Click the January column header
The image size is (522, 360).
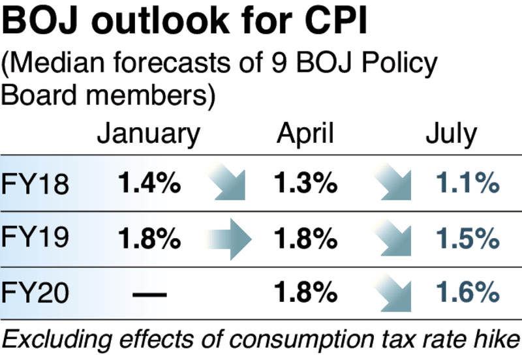[x=148, y=134]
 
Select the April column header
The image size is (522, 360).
[x=305, y=134]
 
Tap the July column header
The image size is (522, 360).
[x=451, y=134]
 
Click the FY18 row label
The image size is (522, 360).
[x=35, y=185]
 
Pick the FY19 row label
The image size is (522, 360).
[x=35, y=239]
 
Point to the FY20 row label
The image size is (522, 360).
[x=35, y=293]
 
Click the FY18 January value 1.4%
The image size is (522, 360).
[x=149, y=185]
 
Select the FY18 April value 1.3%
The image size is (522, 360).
[x=305, y=185]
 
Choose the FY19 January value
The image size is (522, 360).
[x=149, y=239]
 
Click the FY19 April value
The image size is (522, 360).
[x=305, y=239]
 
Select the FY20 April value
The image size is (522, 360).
[x=305, y=293]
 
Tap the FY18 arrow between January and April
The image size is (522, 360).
[x=227, y=185]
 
